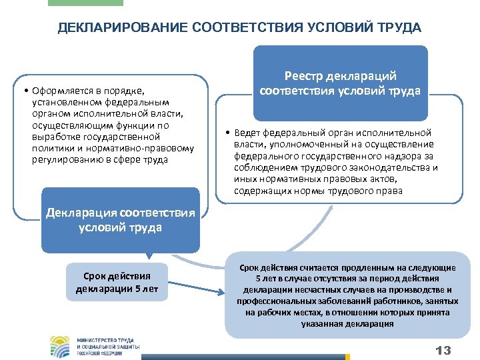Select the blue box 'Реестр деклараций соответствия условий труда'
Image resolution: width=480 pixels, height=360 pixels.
340,84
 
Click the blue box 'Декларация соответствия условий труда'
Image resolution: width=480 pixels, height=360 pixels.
120,220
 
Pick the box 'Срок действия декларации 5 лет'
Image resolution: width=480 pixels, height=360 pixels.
117,283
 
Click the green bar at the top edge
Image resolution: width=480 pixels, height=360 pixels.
85,3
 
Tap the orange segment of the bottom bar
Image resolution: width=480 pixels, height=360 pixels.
347,357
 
